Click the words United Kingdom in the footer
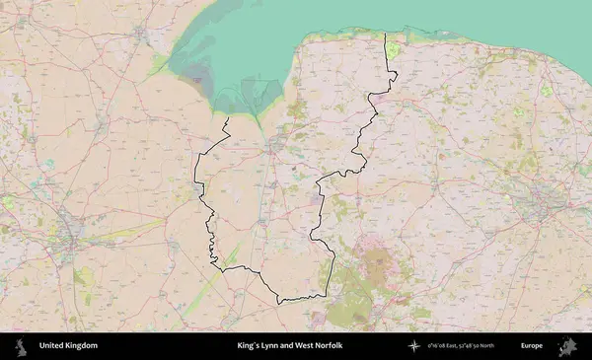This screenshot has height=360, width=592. click(x=68, y=346)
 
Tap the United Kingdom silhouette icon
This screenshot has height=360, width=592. click(x=21, y=346)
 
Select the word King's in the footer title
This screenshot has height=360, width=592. click(x=252, y=346)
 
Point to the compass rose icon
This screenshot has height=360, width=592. click(x=414, y=346)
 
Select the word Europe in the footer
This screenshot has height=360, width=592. click(x=532, y=346)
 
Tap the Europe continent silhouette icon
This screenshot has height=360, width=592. click(x=569, y=346)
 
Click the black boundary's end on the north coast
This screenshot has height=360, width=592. click(x=385, y=36)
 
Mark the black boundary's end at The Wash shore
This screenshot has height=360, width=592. click(x=228, y=118)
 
